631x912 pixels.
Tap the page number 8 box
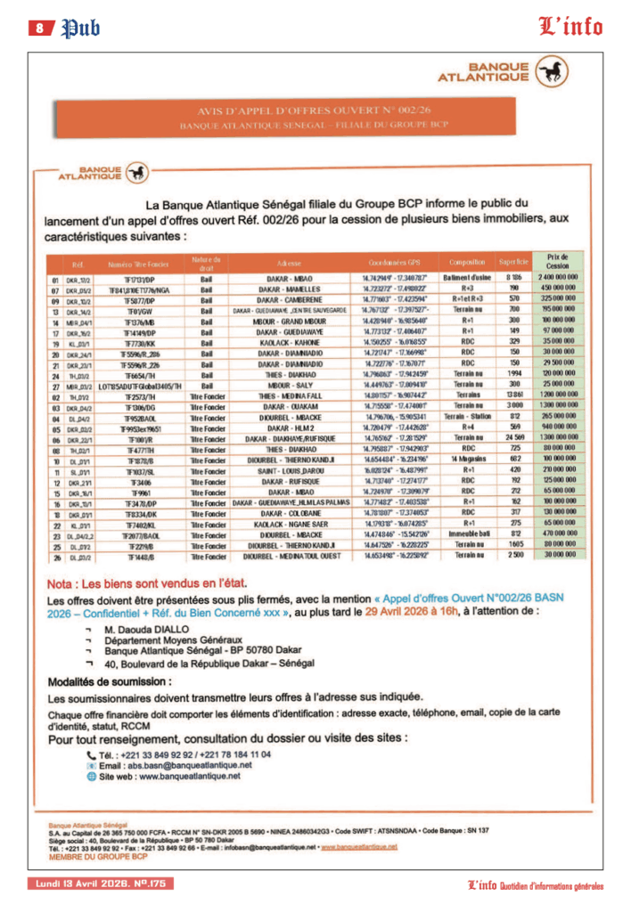pos(40,28)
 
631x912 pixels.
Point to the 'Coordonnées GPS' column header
pos(394,263)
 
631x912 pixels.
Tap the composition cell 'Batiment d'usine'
pos(467,279)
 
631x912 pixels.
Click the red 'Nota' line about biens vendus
pos(146,583)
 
